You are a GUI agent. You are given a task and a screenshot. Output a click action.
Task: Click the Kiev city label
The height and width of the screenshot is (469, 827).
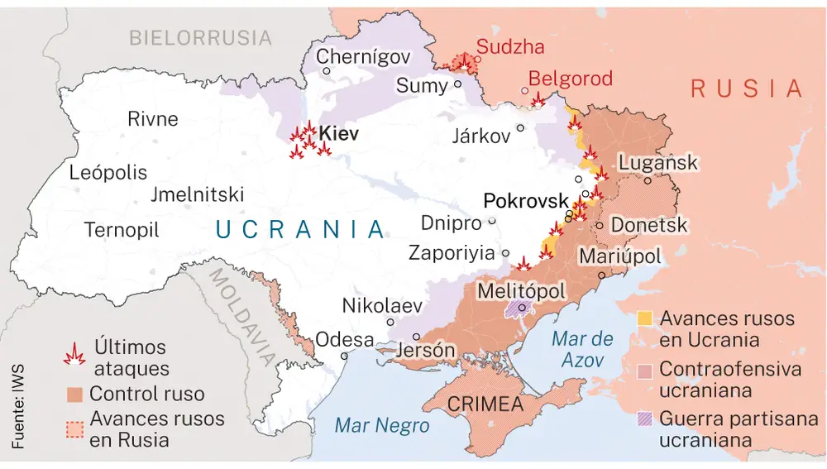338,133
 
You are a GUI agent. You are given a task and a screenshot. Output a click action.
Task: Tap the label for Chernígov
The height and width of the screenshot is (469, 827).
364,57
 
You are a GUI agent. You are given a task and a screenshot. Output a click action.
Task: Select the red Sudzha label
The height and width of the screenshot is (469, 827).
510,47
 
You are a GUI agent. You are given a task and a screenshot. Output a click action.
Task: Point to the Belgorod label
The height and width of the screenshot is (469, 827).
570,79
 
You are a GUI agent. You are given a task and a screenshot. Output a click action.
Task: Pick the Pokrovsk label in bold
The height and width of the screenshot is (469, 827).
526,201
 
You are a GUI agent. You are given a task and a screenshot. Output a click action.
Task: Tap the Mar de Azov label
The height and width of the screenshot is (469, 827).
581,348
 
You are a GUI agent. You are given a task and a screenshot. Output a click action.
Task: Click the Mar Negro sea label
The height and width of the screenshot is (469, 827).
382,425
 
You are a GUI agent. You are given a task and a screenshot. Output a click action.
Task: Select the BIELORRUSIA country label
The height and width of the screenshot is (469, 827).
200,37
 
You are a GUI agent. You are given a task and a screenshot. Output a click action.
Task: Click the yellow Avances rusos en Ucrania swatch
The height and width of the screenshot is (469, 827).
646,318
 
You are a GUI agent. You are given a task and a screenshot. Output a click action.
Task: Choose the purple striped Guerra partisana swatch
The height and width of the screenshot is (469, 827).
646,419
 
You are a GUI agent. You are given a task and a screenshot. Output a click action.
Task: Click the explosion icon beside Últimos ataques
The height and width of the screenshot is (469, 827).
75,355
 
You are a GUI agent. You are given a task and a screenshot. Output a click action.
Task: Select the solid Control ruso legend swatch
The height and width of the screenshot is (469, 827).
75,394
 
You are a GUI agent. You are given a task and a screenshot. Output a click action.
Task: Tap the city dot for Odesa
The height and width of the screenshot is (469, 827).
345,356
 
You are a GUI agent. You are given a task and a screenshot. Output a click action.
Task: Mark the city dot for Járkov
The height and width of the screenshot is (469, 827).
520,127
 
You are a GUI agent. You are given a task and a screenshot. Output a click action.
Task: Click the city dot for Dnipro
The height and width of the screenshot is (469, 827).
492,221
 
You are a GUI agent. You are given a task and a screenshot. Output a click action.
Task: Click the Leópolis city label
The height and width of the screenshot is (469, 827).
108,173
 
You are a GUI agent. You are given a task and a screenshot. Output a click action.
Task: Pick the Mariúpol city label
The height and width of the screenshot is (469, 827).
619,256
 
